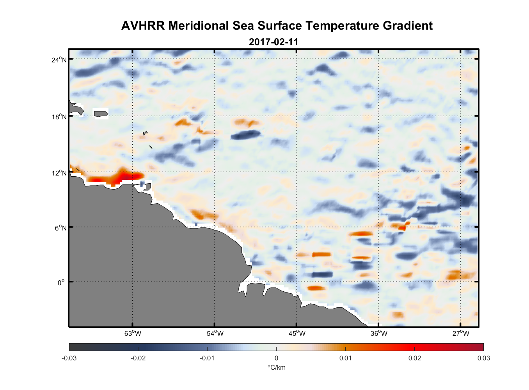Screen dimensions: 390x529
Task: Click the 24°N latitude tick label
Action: (x=59, y=60)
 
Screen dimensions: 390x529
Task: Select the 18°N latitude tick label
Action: (x=59, y=117)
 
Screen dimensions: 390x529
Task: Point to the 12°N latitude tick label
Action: (x=59, y=173)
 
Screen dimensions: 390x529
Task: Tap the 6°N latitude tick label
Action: (x=60, y=228)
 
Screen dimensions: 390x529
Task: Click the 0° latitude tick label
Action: (x=61, y=282)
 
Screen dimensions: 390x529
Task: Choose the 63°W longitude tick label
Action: (x=133, y=333)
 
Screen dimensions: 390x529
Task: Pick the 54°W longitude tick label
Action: (x=215, y=333)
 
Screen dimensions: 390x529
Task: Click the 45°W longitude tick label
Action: (x=297, y=333)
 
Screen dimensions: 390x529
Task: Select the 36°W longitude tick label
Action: (x=379, y=333)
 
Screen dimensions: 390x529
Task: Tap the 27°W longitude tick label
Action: (x=461, y=333)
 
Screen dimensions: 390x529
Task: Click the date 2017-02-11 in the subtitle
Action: (x=273, y=42)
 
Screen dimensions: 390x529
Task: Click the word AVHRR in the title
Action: (x=143, y=26)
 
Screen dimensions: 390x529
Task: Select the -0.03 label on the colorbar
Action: (x=69, y=358)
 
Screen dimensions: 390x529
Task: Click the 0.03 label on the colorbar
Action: (x=483, y=358)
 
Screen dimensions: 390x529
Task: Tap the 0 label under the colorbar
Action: (x=276, y=358)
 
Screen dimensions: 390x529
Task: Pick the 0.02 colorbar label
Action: (x=414, y=358)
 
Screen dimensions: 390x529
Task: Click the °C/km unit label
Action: (x=276, y=367)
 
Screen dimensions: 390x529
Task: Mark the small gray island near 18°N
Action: (x=101, y=113)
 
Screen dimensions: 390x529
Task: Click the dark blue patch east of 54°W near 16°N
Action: (x=245, y=135)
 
